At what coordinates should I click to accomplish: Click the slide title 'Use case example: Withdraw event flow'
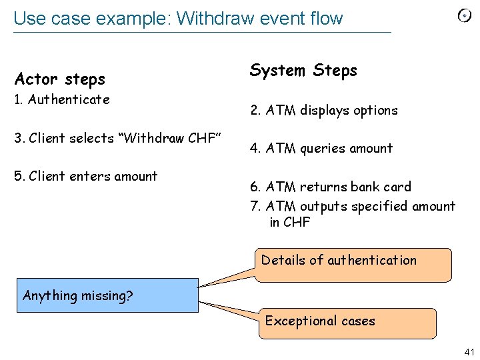click(178, 18)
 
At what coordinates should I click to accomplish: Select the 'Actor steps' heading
click(60, 79)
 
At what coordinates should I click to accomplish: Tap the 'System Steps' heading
click(303, 71)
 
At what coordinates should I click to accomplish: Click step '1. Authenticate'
click(62, 100)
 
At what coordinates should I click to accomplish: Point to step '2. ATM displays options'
click(324, 111)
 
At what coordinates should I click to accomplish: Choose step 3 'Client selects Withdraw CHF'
click(117, 139)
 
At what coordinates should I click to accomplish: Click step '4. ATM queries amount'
click(321, 149)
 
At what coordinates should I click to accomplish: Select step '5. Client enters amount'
click(85, 177)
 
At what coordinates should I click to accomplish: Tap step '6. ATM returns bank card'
click(331, 187)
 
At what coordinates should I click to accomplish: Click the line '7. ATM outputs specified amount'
click(353, 207)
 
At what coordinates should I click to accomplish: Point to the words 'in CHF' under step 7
click(289, 223)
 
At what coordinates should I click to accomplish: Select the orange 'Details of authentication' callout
click(353, 264)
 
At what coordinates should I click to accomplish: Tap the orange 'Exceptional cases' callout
click(347, 323)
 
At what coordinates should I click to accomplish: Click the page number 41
click(468, 351)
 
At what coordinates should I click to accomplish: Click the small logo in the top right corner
click(465, 17)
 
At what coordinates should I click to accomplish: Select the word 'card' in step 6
click(397, 187)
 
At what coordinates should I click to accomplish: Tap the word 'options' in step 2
click(375, 111)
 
